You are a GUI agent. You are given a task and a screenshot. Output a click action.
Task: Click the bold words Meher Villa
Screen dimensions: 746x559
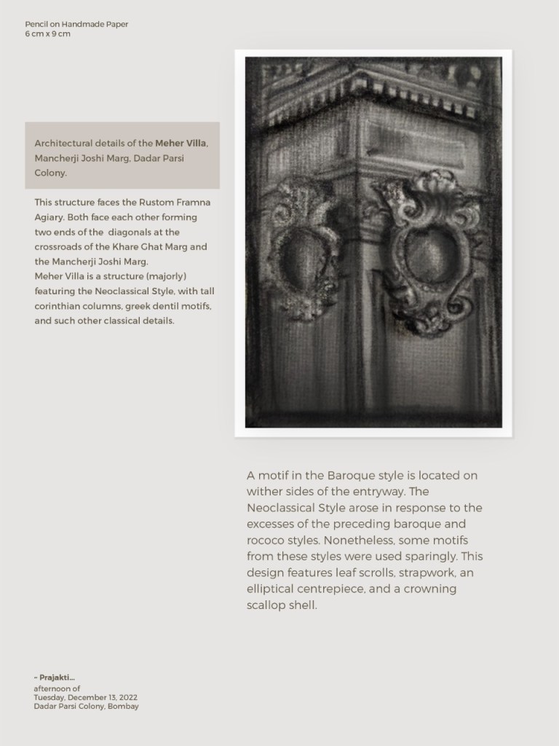pyautogui.click(x=181, y=143)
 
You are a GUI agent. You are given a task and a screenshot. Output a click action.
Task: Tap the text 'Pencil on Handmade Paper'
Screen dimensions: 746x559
pyautogui.click(x=76, y=24)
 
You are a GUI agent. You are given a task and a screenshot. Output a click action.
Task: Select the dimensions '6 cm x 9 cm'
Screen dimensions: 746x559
pyautogui.click(x=47, y=34)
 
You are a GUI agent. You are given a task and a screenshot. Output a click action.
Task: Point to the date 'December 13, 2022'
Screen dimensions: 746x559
pyautogui.click(x=108, y=697)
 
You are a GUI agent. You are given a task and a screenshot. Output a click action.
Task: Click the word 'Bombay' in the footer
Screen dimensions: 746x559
pyautogui.click(x=123, y=706)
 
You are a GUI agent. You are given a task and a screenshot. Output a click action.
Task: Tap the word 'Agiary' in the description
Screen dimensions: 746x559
pyautogui.click(x=49, y=217)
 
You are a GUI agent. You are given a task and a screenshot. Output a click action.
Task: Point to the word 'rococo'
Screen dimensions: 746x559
pyautogui.click(x=270, y=541)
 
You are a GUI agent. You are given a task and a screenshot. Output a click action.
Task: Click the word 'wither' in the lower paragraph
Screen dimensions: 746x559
pyautogui.click(x=263, y=492)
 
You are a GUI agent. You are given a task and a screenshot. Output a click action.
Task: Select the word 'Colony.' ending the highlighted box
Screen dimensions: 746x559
pyautogui.click(x=51, y=173)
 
